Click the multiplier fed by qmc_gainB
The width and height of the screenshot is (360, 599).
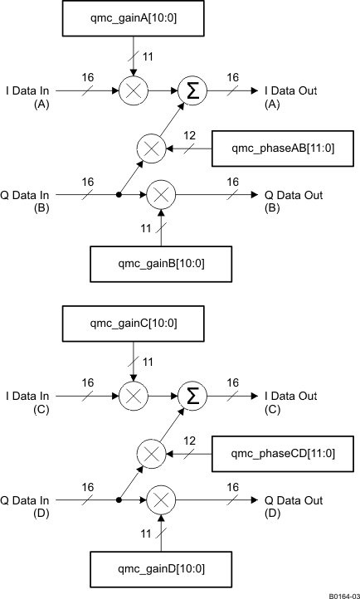click(x=161, y=197)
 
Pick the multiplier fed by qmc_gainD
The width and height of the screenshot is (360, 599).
click(x=161, y=500)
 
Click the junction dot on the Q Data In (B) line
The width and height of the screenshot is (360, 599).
click(x=119, y=197)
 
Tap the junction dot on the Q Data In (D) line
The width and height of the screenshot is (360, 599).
click(x=119, y=500)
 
